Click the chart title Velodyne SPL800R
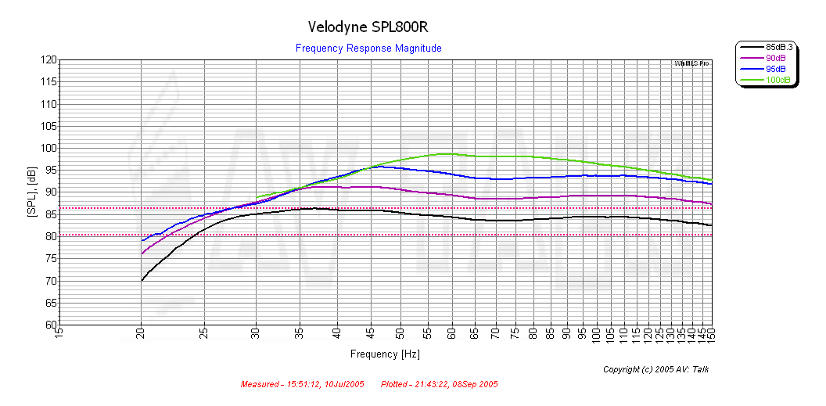pyautogui.click(x=368, y=27)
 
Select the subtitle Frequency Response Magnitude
pyautogui.click(x=368, y=49)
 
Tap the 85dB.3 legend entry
pyautogui.click(x=778, y=47)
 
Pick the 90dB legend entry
pyautogui.click(x=776, y=58)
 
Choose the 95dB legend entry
pyautogui.click(x=776, y=69)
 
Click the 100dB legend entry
pyautogui.click(x=778, y=80)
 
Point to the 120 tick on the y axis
pyautogui.click(x=48, y=59)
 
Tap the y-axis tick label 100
pyautogui.click(x=48, y=148)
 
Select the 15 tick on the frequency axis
pyautogui.click(x=59, y=334)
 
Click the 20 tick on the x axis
pyautogui.click(x=142, y=334)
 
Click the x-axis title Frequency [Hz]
pyautogui.click(x=385, y=354)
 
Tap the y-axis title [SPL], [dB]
pyautogui.click(x=31, y=192)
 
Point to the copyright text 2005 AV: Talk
pyautogui.click(x=655, y=369)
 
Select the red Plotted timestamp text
pyautogui.click(x=439, y=385)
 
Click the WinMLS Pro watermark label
pyautogui.click(x=691, y=63)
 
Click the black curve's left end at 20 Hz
pyautogui.click(x=142, y=280)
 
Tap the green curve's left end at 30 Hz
pyautogui.click(x=257, y=198)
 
